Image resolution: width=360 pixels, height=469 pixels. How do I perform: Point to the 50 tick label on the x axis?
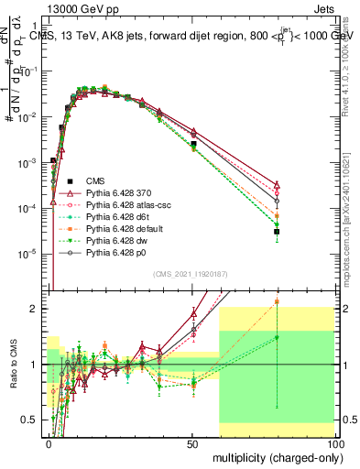point(191,442)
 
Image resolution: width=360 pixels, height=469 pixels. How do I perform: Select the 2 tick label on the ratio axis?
point(37,309)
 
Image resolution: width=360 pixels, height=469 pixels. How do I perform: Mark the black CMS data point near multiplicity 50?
point(193,144)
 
